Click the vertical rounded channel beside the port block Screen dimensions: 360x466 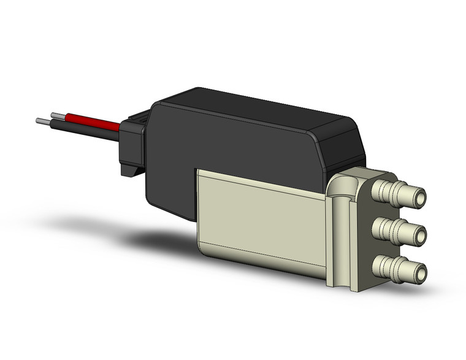338,239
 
